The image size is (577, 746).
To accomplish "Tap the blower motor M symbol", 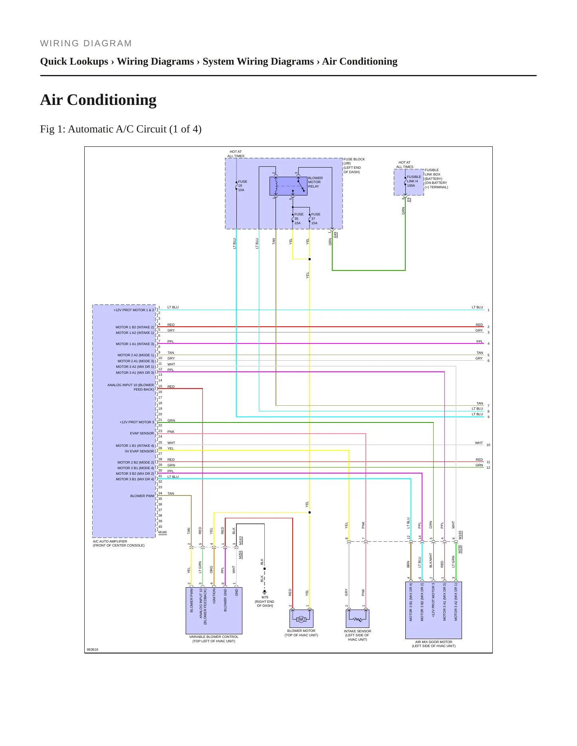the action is point(301,619).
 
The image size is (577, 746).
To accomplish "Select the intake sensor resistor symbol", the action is point(357,619).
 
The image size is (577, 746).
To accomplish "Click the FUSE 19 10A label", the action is point(242,186).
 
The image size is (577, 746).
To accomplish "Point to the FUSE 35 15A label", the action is point(299,219).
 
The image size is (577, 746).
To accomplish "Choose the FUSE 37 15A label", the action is point(315,219).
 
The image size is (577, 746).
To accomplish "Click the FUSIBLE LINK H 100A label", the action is point(414,181).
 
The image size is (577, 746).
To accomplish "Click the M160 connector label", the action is point(163,532).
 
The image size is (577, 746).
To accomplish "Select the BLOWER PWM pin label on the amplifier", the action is point(142,496).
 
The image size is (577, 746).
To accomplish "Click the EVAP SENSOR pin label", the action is point(142,433).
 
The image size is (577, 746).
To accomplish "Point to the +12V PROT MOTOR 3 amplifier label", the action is point(137,422).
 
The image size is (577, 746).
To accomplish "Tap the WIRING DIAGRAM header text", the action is point(86,43).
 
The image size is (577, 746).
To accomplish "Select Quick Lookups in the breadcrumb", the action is point(74,61).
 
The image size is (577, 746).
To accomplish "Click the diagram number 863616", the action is point(93,649).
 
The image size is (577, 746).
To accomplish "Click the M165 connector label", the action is point(460,535).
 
